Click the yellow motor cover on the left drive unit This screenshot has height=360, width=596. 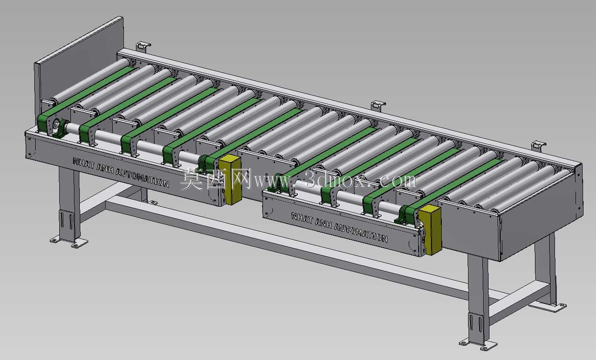point(230,180)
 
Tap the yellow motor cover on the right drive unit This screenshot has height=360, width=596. point(430,230)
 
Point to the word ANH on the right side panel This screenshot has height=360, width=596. point(323,223)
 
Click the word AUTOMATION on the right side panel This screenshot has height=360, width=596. point(361,233)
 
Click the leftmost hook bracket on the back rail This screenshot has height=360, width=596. point(143,47)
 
